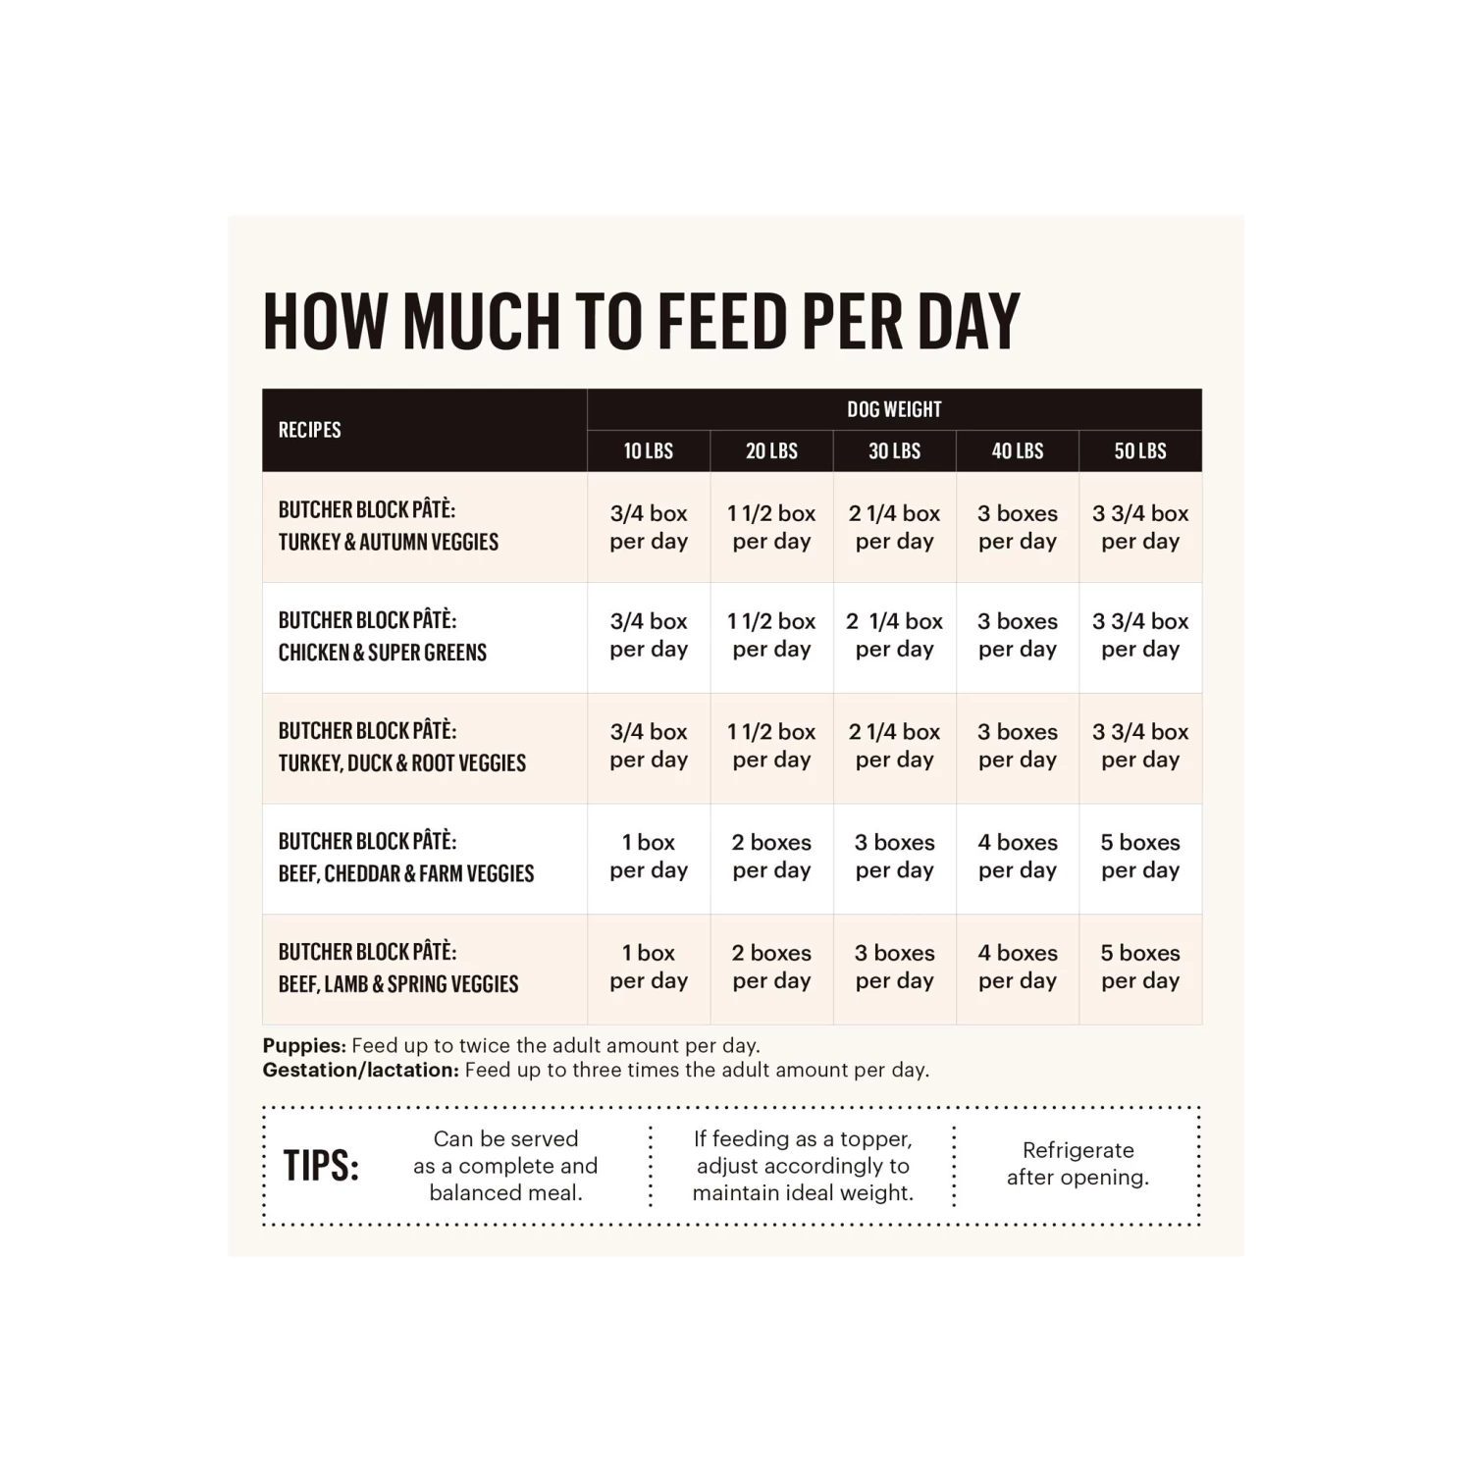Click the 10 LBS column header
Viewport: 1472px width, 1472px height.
[x=649, y=451]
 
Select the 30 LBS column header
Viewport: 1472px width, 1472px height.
[x=894, y=451]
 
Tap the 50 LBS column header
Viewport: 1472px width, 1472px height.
[x=1140, y=451]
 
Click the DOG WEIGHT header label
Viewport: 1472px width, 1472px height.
[x=894, y=409]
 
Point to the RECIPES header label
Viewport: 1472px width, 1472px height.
[x=310, y=430]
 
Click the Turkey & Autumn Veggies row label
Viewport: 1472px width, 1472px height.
[x=389, y=526]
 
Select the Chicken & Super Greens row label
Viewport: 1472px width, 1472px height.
[x=383, y=636]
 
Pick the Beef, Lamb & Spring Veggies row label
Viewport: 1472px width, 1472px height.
[x=398, y=968]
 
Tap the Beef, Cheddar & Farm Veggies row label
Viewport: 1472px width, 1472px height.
[x=406, y=857]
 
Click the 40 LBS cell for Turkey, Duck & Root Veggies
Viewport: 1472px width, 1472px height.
[x=1018, y=746]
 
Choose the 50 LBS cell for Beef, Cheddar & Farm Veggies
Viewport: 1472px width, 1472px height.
[x=1140, y=856]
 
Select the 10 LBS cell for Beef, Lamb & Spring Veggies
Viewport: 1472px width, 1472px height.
[x=649, y=967]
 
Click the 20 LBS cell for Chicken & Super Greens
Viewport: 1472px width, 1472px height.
[x=771, y=635]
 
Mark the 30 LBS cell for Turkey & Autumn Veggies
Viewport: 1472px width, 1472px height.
[x=894, y=527]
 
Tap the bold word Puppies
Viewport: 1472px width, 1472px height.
[x=304, y=1045]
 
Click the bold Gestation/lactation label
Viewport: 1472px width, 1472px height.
[x=360, y=1070]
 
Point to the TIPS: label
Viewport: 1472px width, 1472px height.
[x=321, y=1166]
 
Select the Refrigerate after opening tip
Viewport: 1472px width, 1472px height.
[x=1078, y=1164]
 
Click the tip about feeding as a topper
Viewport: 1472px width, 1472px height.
[x=803, y=1166]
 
